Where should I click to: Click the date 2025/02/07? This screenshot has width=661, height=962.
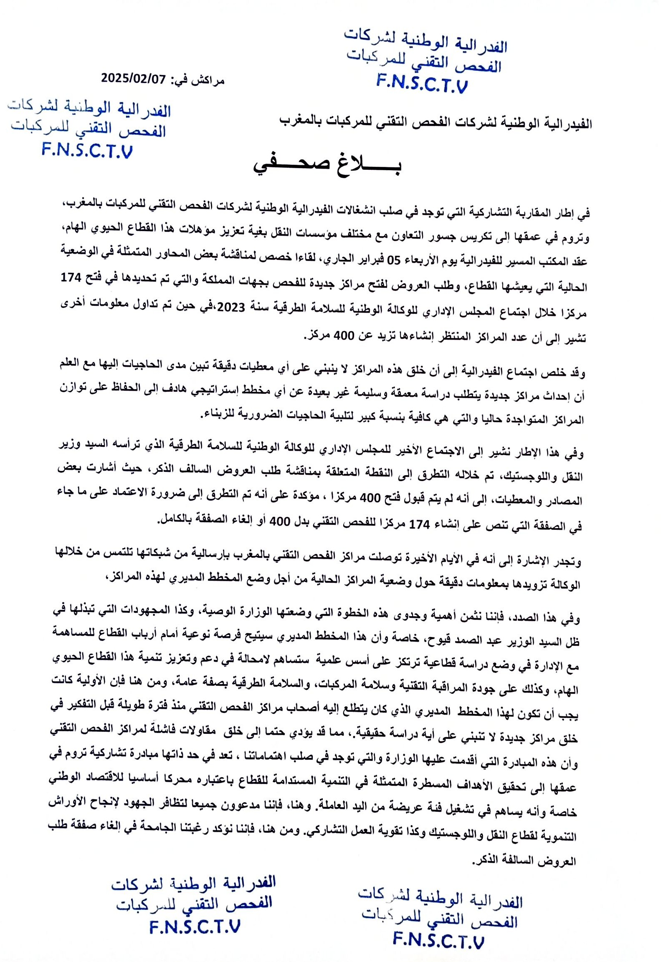(x=133, y=78)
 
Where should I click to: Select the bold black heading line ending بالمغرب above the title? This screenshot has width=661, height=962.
(x=435, y=123)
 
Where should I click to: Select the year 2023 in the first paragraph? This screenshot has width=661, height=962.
(x=230, y=307)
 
